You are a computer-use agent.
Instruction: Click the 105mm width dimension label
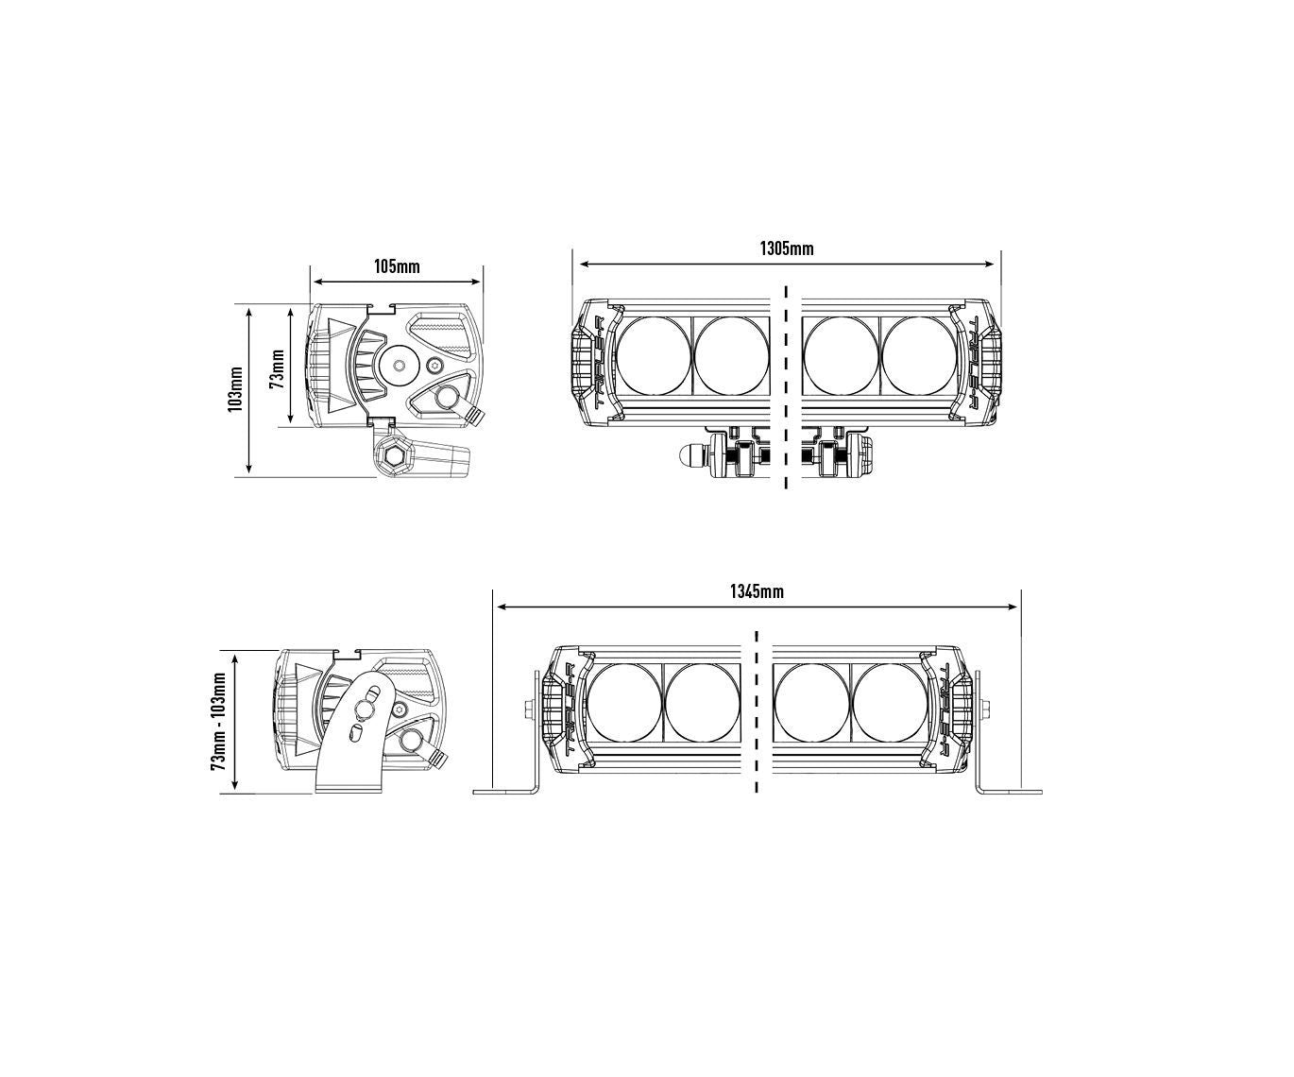pyautogui.click(x=397, y=266)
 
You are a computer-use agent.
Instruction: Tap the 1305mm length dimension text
pyautogui.click(x=787, y=248)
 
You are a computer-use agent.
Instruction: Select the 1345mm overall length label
pyautogui.click(x=757, y=591)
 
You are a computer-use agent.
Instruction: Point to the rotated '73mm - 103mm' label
pyautogui.click(x=218, y=721)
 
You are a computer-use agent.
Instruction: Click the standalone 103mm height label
pyautogui.click(x=235, y=389)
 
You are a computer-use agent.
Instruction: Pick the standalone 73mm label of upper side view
pyautogui.click(x=278, y=368)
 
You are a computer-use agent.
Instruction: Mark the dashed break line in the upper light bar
pyautogui.click(x=786, y=387)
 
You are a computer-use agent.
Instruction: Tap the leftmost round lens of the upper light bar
pyautogui.click(x=654, y=356)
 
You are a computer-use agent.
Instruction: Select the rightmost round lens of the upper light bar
pyautogui.click(x=918, y=356)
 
